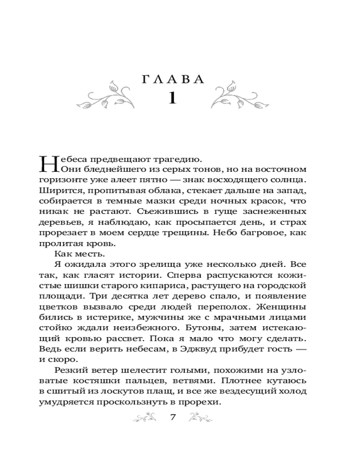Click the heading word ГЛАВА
(173, 79)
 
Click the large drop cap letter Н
(49, 164)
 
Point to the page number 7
(173, 417)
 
